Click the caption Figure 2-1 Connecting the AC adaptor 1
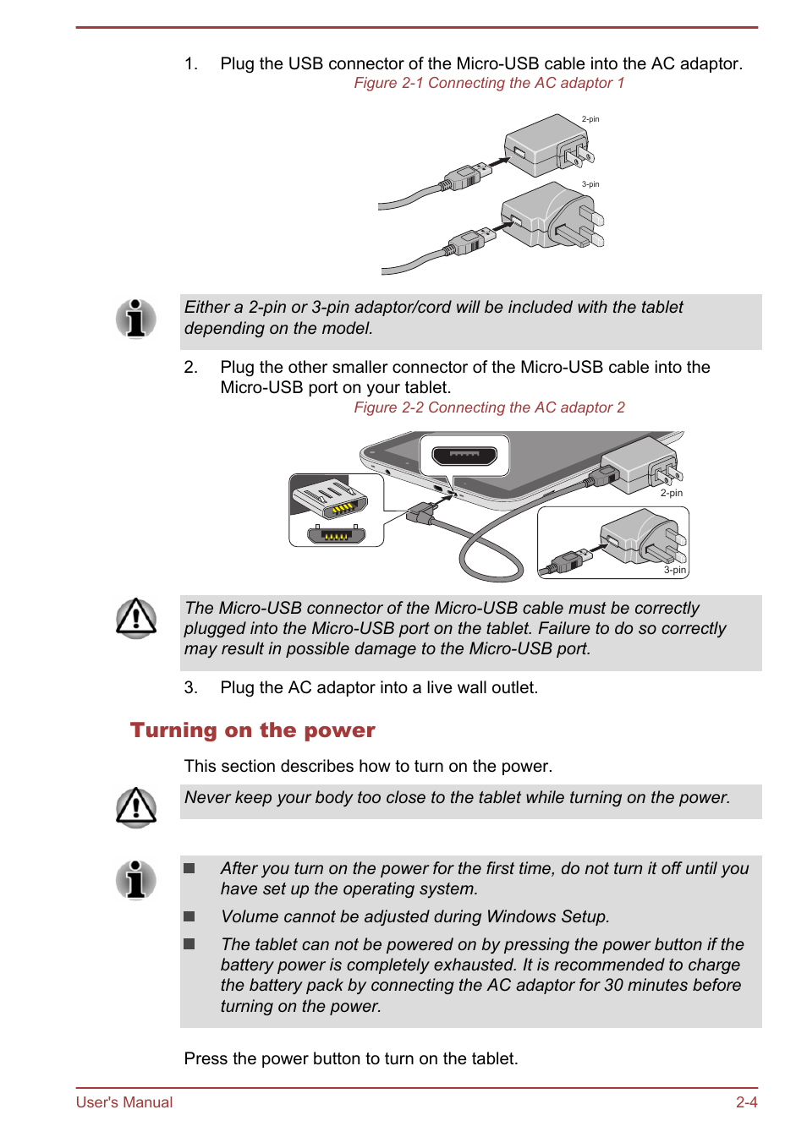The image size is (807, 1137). point(489,83)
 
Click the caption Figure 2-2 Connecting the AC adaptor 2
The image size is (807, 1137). point(489,407)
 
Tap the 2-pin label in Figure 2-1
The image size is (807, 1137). point(590,119)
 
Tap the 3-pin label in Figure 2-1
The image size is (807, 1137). point(590,184)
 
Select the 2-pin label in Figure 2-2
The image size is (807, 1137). point(671,493)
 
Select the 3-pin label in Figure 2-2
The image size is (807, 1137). point(674,570)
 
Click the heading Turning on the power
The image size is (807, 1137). point(252,730)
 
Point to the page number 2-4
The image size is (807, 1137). point(746,1102)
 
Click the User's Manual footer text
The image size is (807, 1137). point(124,1102)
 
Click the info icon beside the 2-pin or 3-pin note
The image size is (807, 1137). point(135,319)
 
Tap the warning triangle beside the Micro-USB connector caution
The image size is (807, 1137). point(135,618)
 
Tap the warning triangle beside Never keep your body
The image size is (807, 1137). point(135,806)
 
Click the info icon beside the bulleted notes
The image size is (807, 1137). point(135,880)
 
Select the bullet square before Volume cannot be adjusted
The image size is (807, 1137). point(189,916)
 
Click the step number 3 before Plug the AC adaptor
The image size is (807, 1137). point(190,688)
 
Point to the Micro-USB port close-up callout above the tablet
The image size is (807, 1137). point(464,456)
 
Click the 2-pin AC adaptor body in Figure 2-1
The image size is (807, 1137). point(541,145)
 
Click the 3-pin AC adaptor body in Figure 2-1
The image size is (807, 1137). point(546,216)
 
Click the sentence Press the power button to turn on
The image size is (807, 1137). point(351,1059)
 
